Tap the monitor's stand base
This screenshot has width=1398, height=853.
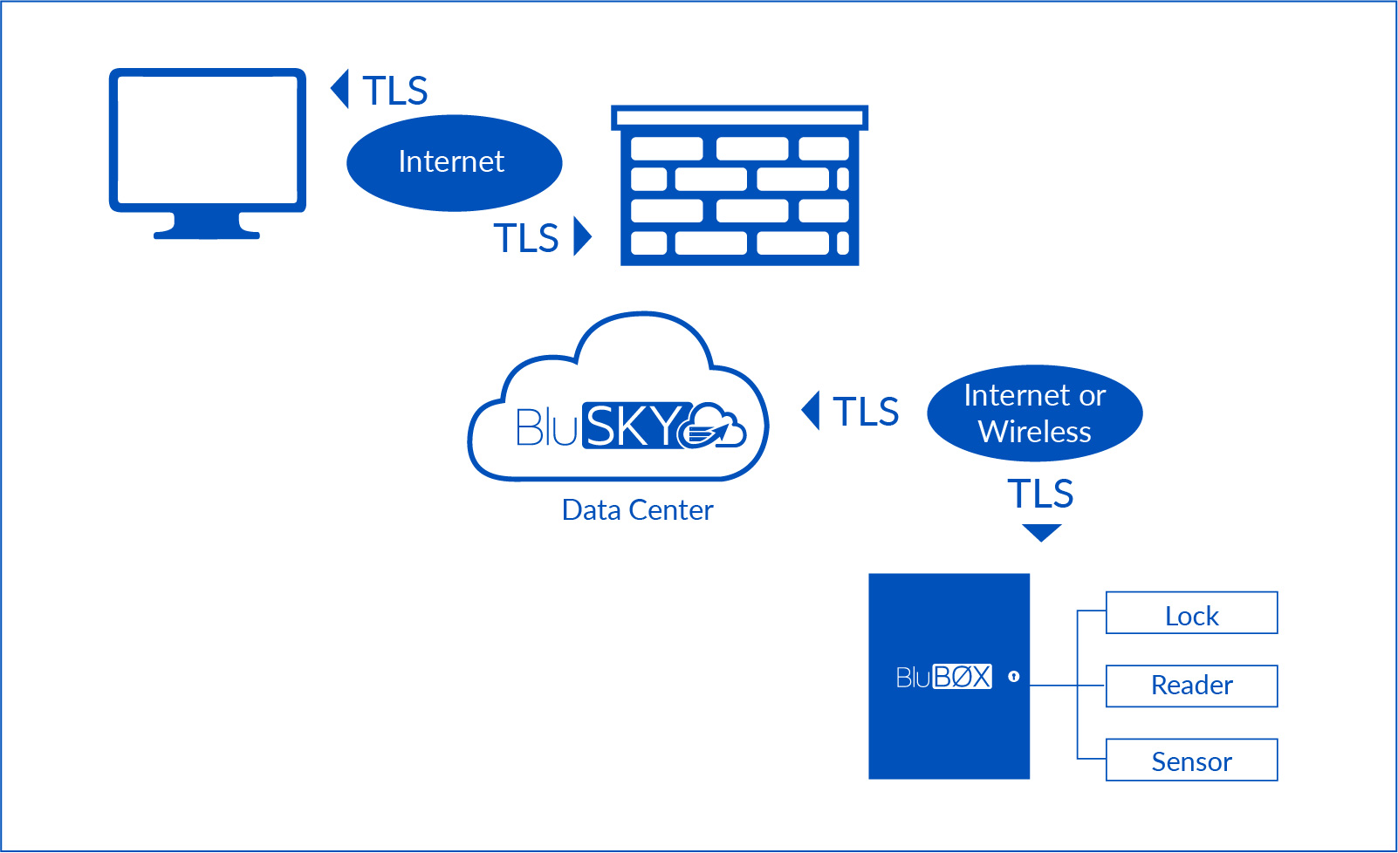point(207,234)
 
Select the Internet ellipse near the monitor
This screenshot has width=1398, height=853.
point(454,162)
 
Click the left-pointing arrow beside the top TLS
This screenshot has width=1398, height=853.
point(340,89)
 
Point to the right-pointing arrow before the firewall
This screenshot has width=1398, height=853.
point(582,236)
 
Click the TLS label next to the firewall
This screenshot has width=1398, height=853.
point(526,237)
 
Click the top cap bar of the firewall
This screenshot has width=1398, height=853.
point(739,117)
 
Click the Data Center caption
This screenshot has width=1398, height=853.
point(637,510)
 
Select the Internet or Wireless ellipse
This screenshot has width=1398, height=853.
point(1035,413)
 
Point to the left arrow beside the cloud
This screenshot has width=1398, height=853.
point(811,411)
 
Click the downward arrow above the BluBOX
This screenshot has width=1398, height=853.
point(1041,532)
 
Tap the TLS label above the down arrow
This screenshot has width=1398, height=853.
point(1040,494)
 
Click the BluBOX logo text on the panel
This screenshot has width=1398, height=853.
point(943,677)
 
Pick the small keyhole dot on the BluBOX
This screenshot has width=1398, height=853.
point(1013,676)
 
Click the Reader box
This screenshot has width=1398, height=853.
point(1191,686)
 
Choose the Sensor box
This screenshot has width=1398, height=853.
point(1191,760)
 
